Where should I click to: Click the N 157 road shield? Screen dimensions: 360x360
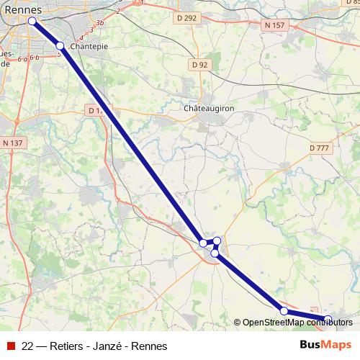point(274,24)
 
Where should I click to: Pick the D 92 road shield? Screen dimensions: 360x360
point(200,64)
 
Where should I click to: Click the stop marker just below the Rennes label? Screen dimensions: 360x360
point(32,21)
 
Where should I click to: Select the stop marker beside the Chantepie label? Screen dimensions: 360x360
point(60,46)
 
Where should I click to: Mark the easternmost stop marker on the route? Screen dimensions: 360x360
point(328,319)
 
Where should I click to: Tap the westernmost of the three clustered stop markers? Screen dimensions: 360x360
point(203,243)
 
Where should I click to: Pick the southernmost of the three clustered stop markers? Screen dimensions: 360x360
point(215,253)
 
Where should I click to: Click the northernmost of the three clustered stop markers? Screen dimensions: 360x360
point(217,240)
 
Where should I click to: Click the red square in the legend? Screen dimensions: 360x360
point(10,346)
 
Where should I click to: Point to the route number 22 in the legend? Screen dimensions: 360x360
point(28,346)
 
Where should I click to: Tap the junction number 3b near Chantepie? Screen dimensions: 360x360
point(101,24)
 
